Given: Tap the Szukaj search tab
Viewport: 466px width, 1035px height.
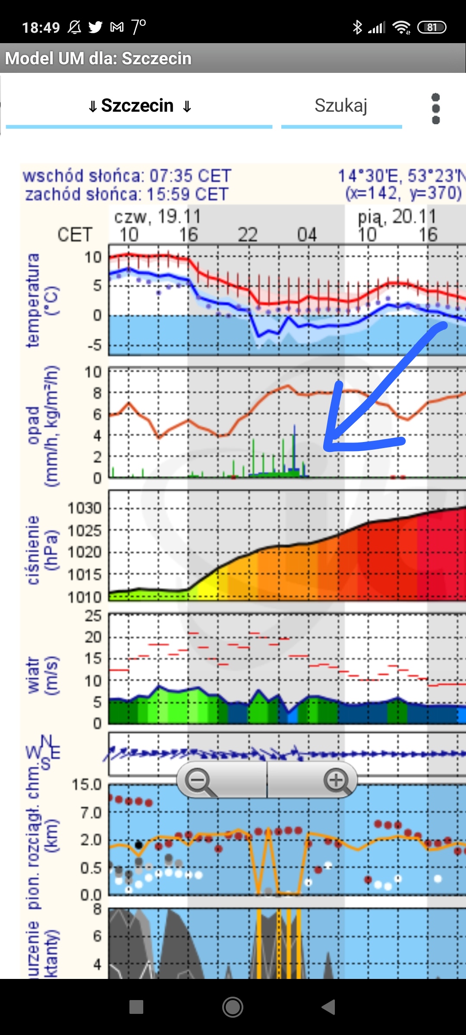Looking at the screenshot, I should [x=341, y=106].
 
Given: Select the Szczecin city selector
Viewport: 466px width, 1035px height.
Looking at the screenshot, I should [x=139, y=106].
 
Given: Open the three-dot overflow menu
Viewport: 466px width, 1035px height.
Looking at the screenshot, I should [x=436, y=109].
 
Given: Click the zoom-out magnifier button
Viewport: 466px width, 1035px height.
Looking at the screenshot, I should [x=198, y=781].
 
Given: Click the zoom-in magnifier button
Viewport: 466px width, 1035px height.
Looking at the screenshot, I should [x=337, y=781].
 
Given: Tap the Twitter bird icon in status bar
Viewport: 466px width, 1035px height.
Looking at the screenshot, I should [x=95, y=28].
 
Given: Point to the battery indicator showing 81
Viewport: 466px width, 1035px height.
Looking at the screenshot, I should [x=431, y=28].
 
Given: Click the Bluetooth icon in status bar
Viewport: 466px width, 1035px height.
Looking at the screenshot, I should [x=357, y=28].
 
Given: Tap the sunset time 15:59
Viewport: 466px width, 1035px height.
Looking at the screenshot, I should [x=168, y=194].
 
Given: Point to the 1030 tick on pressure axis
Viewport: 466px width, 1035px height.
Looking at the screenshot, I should [x=85, y=508].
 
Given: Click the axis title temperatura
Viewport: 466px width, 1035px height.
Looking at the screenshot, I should [x=33, y=301].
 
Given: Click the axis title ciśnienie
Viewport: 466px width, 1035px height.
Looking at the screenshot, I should [x=33, y=550].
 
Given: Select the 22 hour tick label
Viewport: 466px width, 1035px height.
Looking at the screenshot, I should [x=248, y=235].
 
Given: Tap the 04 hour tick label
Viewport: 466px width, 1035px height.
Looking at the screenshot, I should [x=307, y=235].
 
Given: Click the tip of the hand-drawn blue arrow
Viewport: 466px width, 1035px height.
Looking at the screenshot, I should [x=327, y=446].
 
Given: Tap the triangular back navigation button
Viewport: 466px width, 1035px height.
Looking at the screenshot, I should [x=329, y=1007].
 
